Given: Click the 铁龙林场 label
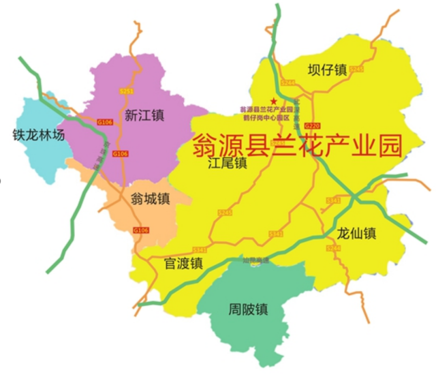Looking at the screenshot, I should tap(38, 135).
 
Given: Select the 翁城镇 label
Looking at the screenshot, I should tap(150, 198).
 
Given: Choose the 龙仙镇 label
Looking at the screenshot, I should tap(357, 232).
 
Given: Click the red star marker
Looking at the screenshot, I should tap(274, 102).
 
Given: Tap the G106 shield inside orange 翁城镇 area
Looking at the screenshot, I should tap(140, 230).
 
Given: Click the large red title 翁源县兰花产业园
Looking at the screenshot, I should tap(297, 144).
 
